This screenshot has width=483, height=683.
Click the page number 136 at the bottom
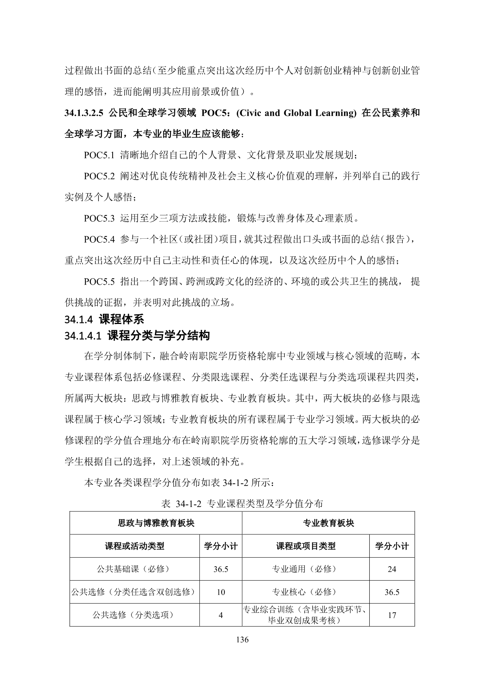pos(242,639)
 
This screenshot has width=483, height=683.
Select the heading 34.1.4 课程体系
pos(104,319)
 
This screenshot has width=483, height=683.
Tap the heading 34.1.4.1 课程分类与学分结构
pos(137,335)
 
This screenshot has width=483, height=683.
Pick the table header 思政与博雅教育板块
pos(156,523)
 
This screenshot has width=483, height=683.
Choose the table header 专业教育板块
pos(328,523)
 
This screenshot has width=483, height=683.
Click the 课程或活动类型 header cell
pos(134,546)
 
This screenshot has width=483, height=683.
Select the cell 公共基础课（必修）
pos(134,569)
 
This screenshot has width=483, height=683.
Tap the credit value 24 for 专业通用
pos(392,569)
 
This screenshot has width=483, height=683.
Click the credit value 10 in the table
pos(220,592)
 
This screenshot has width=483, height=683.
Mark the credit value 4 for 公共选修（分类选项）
pos(220,615)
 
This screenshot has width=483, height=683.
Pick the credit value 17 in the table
pos(392,615)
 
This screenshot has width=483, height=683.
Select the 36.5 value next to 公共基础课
pos(220,569)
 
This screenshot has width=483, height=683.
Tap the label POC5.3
pos(99,218)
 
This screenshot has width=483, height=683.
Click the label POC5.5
pos(99,282)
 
